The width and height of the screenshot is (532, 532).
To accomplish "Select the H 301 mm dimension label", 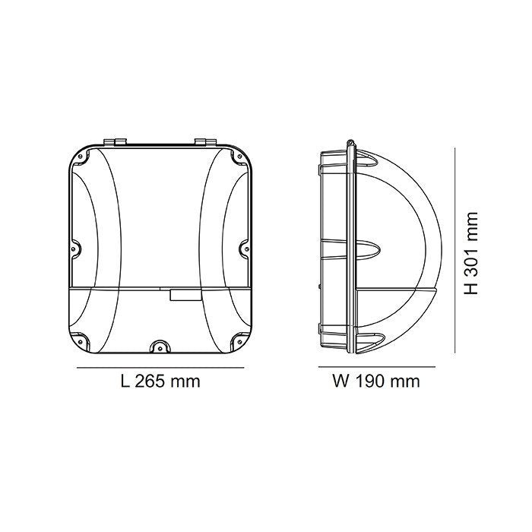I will (471, 252).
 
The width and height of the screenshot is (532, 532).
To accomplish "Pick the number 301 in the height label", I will (471, 249).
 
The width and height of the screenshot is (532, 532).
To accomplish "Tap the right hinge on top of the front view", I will (203, 142).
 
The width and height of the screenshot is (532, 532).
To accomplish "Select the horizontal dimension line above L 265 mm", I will (160, 366).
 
